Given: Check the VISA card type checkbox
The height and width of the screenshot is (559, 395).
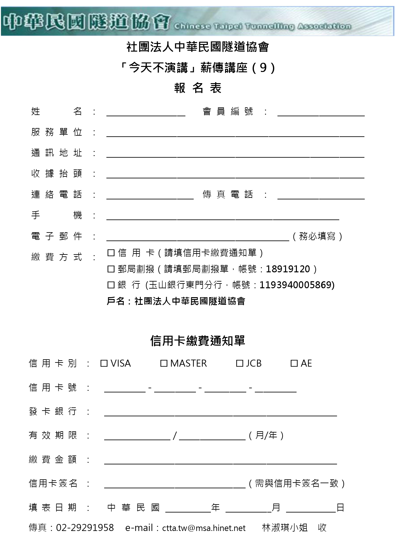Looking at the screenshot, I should (x=104, y=363).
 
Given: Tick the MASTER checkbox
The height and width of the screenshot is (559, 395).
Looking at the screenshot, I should (x=164, y=363).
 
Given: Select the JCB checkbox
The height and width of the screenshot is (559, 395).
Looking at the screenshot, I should (x=240, y=363).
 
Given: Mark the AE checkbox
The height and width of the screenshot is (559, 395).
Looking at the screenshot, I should (x=294, y=363).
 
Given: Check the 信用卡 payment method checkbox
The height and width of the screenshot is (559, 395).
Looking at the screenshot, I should (x=111, y=253).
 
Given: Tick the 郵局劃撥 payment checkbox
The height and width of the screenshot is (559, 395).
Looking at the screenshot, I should (x=111, y=269).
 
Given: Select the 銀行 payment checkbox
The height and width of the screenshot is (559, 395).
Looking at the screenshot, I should (x=111, y=285).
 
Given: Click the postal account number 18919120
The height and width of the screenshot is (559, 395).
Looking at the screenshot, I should (x=288, y=269).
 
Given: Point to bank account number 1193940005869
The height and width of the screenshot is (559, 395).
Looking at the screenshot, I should (x=296, y=285).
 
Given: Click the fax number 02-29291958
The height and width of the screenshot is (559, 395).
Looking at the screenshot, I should (x=85, y=528).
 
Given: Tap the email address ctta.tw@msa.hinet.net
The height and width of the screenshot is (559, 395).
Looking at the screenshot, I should (x=204, y=528).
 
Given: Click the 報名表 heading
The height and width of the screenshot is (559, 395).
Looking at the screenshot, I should (x=197, y=88).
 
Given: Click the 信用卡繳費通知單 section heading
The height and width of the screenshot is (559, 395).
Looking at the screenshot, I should (x=197, y=341).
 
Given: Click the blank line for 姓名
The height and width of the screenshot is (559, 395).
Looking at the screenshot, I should (x=146, y=112).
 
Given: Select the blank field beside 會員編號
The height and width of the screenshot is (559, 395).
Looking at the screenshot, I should (x=321, y=112).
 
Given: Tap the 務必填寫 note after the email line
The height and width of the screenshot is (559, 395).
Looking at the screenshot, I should (x=317, y=236).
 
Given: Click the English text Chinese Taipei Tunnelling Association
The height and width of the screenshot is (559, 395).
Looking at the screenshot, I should (x=262, y=26).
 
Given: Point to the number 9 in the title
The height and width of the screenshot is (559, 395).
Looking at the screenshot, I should (x=263, y=68).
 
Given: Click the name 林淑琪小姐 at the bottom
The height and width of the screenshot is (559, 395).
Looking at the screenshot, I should (x=284, y=528).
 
